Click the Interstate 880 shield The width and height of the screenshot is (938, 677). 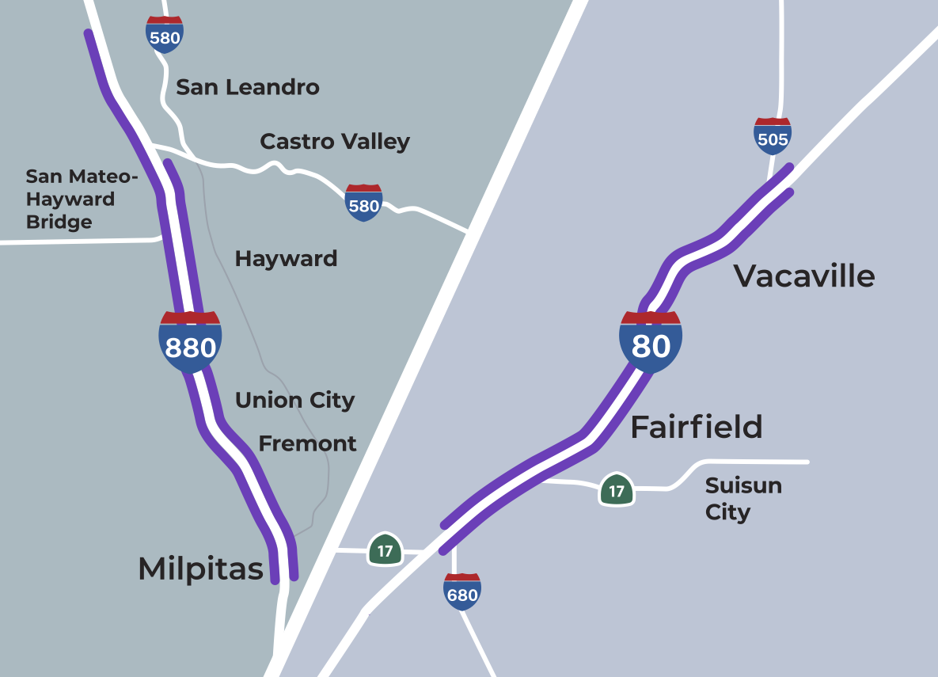click(190, 343)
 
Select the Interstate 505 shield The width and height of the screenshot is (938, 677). click(773, 136)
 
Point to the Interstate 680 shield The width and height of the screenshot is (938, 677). click(462, 591)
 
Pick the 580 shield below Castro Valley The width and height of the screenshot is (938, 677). click(364, 203)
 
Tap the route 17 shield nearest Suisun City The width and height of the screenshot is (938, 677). click(617, 490)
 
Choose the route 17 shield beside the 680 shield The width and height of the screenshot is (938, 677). click(385, 550)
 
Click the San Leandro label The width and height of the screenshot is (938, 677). click(248, 87)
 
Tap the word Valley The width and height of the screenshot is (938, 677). click(378, 143)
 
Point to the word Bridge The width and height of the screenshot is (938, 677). click(59, 222)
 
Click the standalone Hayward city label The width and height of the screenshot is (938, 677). click(286, 259)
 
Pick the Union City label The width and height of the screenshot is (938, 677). click(294, 401)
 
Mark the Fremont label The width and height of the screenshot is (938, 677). click(307, 443)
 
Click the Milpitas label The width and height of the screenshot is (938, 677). click(200, 569)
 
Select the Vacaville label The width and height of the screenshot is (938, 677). click(804, 276)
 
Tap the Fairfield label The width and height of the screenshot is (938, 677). click(697, 427)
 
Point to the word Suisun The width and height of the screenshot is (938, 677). click(743, 485)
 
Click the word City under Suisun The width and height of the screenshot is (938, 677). click(727, 512)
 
